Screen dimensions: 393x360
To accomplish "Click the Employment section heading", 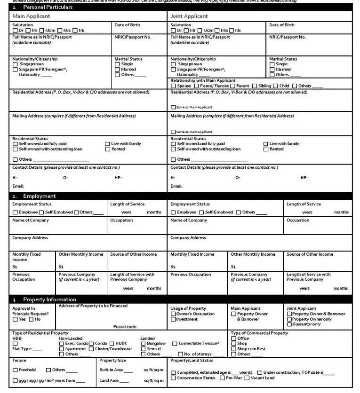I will click(x=40, y=196).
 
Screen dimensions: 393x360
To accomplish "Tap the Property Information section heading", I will click(x=49, y=299).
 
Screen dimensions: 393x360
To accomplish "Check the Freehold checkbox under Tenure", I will click(x=16, y=370).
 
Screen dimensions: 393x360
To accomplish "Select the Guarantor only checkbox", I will click(x=289, y=324).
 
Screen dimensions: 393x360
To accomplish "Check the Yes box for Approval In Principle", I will click(x=15, y=320).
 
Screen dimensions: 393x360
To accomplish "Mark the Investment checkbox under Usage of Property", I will click(x=173, y=319).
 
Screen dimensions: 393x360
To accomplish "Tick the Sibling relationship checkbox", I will click(x=255, y=86).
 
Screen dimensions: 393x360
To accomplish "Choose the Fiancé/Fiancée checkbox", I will click(x=197, y=86).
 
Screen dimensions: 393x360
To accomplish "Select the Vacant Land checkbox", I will click(x=248, y=378).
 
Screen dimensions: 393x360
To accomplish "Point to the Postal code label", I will click(x=125, y=327).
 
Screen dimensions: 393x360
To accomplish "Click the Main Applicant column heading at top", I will click(x=31, y=16).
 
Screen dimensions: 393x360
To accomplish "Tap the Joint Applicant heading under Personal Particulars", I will click(x=189, y=16).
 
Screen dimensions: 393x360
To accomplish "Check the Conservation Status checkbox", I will click(x=173, y=378).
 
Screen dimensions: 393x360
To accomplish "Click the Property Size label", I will click(x=113, y=361).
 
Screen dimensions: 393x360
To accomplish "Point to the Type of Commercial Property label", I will click(x=259, y=333).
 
